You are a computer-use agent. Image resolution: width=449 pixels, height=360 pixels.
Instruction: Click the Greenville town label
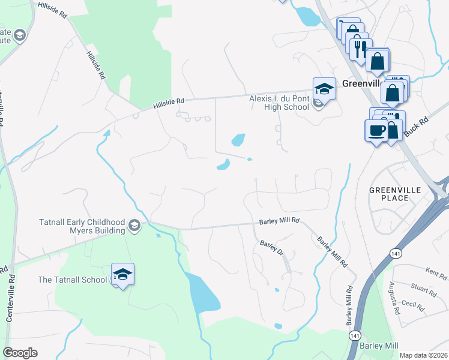coord(363,84)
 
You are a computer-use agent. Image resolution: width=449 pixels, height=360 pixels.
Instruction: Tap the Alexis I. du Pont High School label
coord(279,103)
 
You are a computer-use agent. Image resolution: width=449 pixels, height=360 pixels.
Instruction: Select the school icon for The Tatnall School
coord(122,275)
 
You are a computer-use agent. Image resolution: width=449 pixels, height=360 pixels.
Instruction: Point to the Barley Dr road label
coord(271,247)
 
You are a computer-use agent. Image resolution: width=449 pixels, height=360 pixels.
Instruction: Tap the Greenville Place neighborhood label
coord(397,194)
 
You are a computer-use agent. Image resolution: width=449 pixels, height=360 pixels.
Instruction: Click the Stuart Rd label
coord(424,291)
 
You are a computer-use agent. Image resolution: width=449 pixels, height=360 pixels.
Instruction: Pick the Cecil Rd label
coord(413,305)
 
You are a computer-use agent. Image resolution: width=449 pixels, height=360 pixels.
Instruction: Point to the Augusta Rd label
coord(394,298)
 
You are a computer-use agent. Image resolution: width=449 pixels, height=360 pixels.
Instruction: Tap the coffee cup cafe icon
coord(376,130)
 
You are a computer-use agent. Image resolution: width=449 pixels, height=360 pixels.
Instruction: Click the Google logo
coord(20,353)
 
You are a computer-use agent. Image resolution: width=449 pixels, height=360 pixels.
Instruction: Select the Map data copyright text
coord(423,355)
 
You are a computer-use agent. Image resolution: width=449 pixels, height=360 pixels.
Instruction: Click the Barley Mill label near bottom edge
coord(379,346)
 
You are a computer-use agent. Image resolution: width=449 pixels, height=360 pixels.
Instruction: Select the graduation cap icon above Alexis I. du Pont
coord(324,88)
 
